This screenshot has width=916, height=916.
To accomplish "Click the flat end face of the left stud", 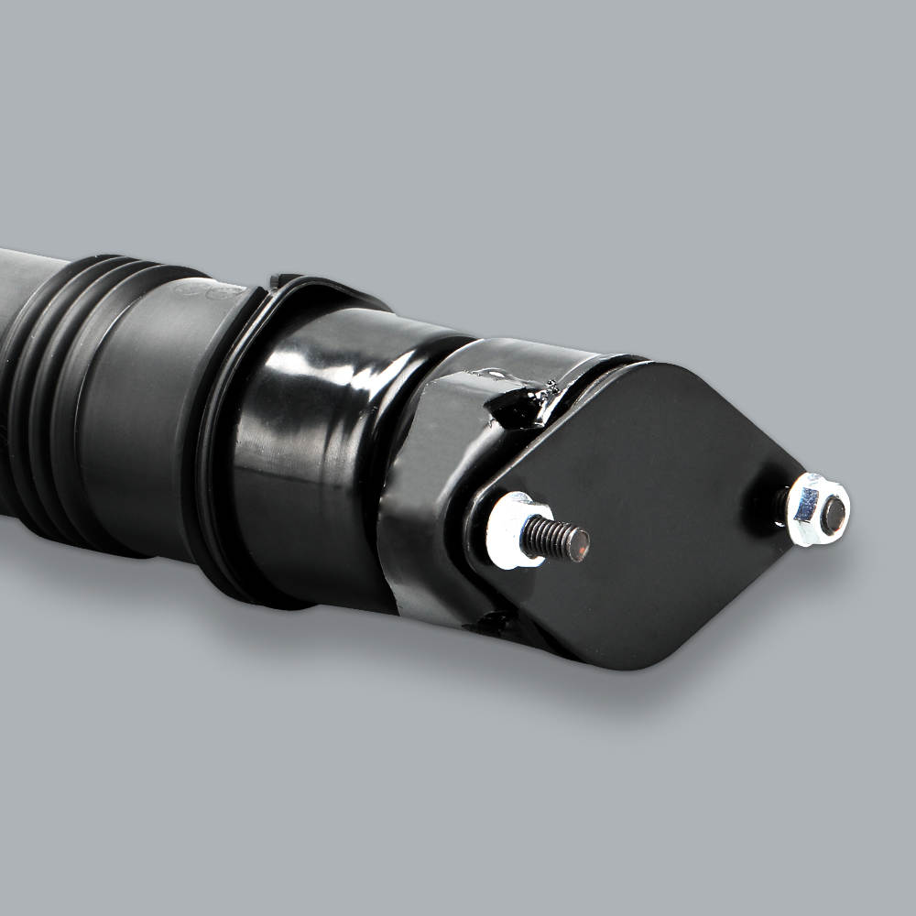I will click(x=576, y=545).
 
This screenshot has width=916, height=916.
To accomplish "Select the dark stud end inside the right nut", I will click(x=833, y=515).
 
